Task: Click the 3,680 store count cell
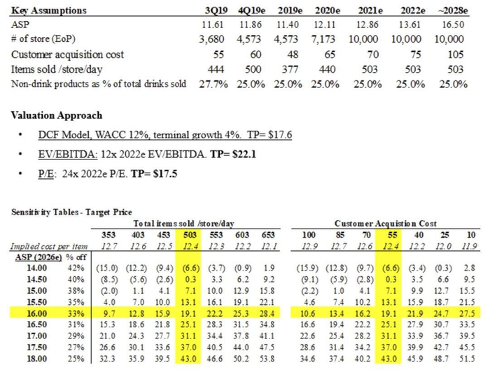[211, 39]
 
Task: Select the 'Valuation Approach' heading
[57, 115]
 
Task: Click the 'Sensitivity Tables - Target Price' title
[71, 211]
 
